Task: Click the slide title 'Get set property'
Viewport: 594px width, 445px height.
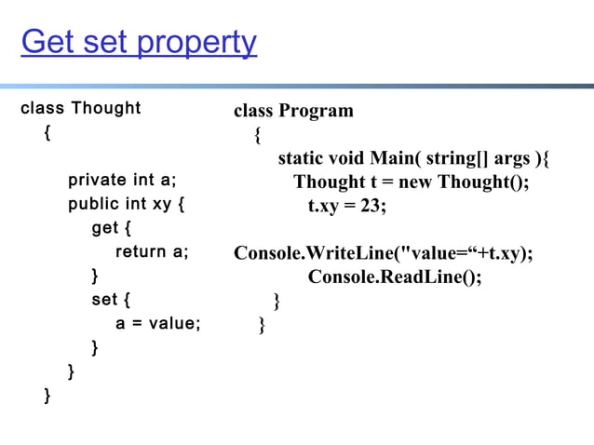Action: coord(139,43)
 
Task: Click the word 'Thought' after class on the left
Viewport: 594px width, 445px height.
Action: coord(106,108)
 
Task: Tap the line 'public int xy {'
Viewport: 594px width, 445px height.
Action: coord(126,204)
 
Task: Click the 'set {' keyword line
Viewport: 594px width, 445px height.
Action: coord(111,301)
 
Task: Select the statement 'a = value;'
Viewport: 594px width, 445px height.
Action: coord(157,324)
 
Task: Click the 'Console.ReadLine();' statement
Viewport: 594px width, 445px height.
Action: coord(395,277)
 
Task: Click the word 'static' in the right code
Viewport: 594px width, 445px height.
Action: coord(301,158)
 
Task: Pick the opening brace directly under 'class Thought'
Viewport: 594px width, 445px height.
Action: coord(47,132)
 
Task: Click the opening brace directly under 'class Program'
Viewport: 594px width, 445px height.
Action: coord(257,135)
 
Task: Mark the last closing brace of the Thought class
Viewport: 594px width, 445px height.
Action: coord(47,398)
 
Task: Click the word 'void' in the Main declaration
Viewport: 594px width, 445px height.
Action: coord(346,158)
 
